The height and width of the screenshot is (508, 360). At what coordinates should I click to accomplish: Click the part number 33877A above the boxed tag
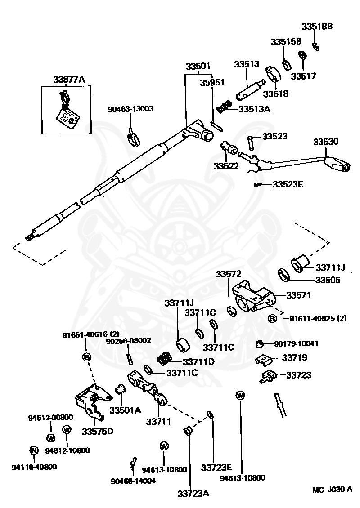(69, 80)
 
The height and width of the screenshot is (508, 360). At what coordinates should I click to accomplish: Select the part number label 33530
(326, 142)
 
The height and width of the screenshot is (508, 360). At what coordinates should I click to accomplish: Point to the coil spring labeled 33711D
(164, 358)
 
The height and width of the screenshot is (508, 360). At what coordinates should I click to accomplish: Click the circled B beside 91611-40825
(272, 318)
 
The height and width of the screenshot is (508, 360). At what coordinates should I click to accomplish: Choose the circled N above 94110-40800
(34, 450)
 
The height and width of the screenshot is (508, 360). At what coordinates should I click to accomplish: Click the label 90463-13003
(130, 109)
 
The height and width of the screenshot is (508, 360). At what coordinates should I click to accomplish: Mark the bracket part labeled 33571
(254, 296)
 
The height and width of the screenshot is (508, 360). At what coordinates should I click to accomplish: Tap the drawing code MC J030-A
(332, 489)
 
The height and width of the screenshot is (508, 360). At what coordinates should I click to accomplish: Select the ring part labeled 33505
(284, 275)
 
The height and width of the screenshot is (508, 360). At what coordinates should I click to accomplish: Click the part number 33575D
(98, 432)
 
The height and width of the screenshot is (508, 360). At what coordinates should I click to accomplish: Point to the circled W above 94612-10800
(67, 430)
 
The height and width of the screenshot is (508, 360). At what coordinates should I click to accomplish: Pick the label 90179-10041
(296, 343)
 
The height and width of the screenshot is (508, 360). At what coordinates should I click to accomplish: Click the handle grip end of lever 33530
(338, 164)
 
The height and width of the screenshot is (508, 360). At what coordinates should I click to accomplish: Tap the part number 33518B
(317, 27)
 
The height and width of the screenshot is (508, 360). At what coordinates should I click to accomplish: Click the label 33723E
(216, 468)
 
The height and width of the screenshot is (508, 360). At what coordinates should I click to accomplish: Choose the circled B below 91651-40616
(87, 357)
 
